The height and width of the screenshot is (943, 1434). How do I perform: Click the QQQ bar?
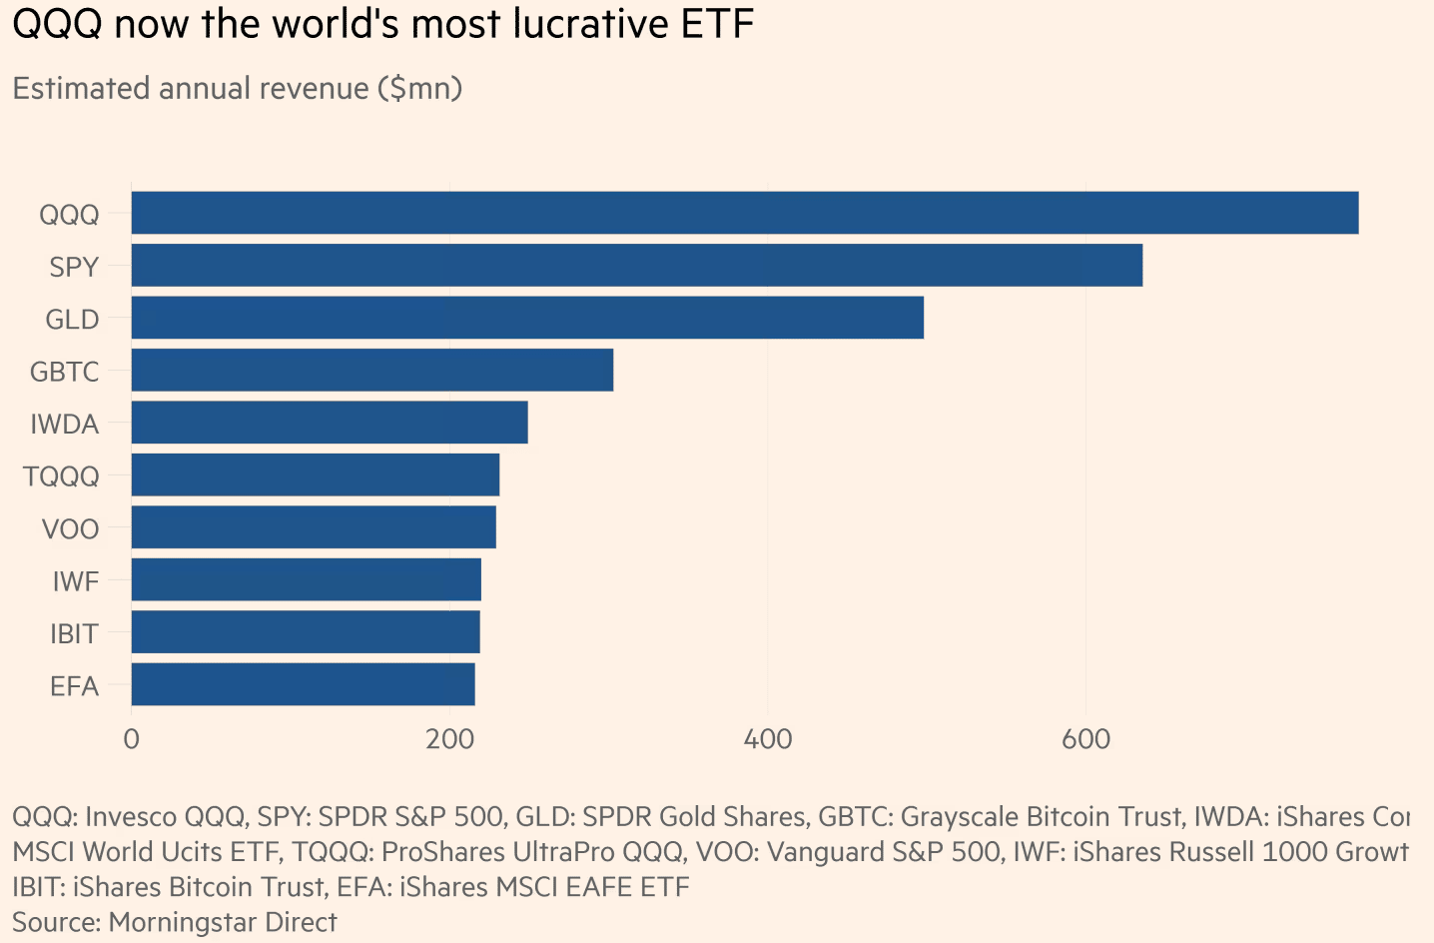[744, 213]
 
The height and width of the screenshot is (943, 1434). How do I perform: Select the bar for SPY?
[636, 266]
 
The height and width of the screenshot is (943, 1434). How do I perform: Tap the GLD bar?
[527, 318]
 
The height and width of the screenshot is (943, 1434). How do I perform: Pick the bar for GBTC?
[371, 370]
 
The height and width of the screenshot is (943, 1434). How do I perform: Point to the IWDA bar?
[330, 423]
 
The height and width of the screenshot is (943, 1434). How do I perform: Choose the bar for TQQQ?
[315, 474]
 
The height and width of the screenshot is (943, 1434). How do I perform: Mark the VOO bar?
[314, 527]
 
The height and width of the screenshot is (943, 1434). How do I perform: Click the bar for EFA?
[303, 684]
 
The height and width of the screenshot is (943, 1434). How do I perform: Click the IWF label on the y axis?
[76, 581]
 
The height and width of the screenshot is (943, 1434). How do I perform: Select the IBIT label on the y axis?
[74, 634]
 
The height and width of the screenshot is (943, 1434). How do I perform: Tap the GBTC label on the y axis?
[65, 372]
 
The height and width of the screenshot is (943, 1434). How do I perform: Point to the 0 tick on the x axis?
[131, 740]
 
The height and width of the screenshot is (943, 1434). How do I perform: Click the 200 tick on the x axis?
[449, 740]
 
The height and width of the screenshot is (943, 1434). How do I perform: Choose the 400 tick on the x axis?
[768, 740]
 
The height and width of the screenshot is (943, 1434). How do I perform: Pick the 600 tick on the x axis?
[1085, 740]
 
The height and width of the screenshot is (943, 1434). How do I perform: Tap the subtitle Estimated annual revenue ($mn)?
[237, 88]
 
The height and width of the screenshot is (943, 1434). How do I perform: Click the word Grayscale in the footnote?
[961, 817]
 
